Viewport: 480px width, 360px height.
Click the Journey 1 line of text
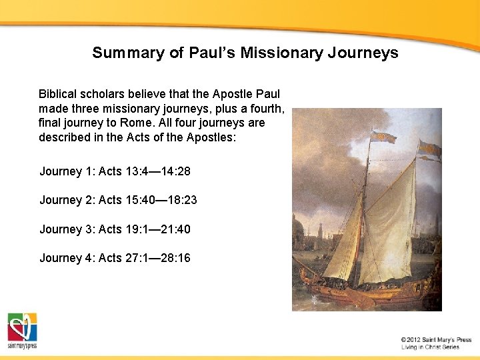coord(115,171)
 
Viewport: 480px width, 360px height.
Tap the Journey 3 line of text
coord(115,229)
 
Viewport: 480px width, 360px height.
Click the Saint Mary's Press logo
coord(22,331)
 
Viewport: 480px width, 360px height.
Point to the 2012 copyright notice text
coord(436,340)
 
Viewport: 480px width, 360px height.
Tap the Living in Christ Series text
coord(430,347)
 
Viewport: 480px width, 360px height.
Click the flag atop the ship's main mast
coord(383,137)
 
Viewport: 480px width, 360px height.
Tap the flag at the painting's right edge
coord(430,149)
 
